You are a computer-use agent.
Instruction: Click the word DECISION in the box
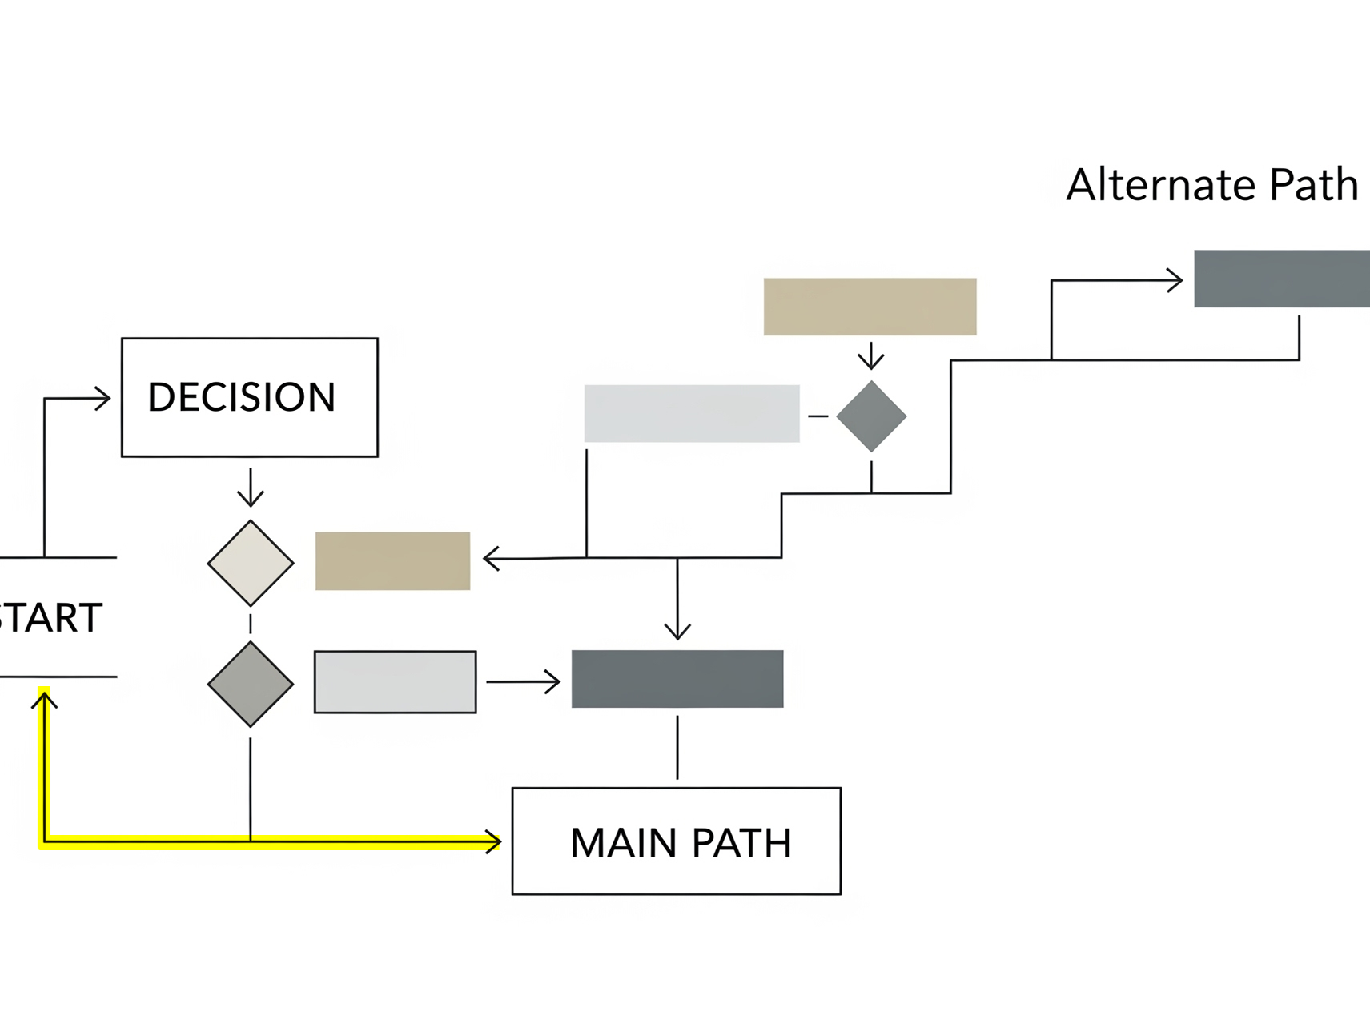click(x=241, y=397)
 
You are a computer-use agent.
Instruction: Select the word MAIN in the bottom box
click(x=623, y=843)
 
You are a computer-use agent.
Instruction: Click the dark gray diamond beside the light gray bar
click(x=871, y=416)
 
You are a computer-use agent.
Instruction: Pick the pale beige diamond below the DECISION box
click(x=251, y=563)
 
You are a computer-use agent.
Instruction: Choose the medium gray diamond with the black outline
click(x=251, y=684)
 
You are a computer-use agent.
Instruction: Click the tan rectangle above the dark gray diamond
click(x=870, y=307)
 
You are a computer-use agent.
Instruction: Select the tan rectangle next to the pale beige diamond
click(x=392, y=561)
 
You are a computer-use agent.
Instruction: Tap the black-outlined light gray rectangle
click(x=396, y=682)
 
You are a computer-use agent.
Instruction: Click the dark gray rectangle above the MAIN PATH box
click(x=677, y=679)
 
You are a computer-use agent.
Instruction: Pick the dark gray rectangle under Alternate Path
click(x=1281, y=279)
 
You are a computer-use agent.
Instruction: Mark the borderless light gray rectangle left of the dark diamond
click(x=692, y=413)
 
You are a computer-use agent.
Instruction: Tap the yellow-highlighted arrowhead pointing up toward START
click(x=44, y=701)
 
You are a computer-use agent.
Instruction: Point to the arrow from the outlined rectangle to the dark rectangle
click(x=524, y=682)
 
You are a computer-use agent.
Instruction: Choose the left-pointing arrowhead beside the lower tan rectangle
click(x=492, y=558)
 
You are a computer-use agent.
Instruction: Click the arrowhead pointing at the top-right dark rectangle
click(x=1175, y=280)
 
